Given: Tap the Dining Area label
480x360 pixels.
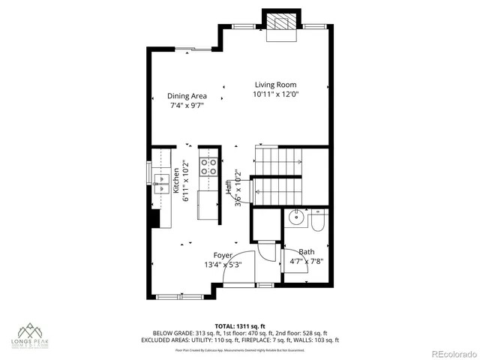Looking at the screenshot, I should click(x=187, y=96).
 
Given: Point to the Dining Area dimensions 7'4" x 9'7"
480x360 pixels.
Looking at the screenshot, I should click(x=187, y=106).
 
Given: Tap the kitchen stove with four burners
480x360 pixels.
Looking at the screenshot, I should click(x=208, y=167).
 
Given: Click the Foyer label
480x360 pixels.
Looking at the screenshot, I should click(x=223, y=256).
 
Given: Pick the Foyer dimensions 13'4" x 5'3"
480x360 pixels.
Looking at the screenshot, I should click(x=223, y=265).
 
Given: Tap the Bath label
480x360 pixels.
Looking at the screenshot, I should click(x=307, y=252).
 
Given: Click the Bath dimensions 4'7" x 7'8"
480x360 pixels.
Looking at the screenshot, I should click(x=307, y=261).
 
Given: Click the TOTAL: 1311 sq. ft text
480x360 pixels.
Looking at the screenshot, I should click(x=240, y=326).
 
